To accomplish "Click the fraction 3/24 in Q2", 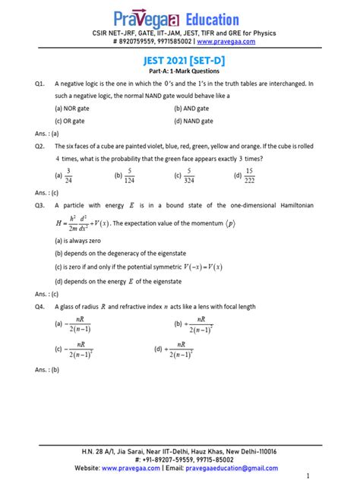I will (68, 175).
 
